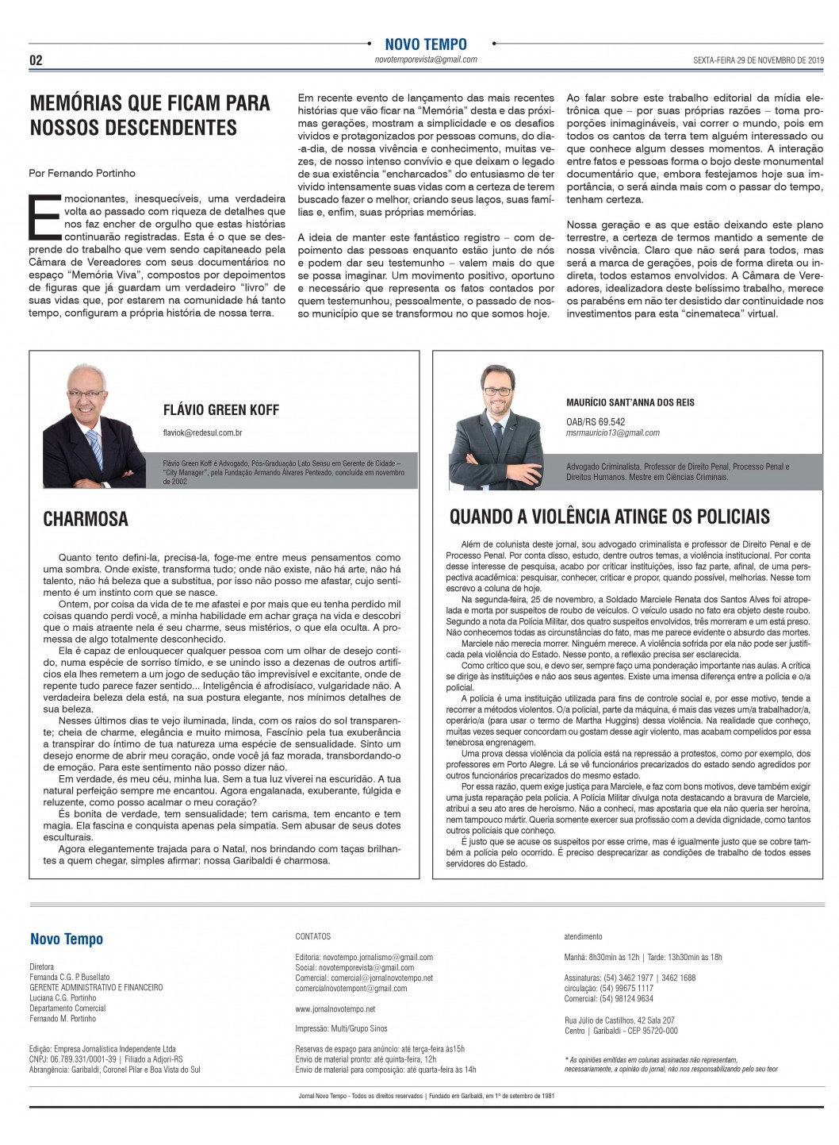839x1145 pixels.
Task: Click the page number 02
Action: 36,60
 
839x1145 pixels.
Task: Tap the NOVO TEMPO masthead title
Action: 426,44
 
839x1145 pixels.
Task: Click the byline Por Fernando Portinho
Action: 82,173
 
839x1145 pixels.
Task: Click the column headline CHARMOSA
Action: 86,519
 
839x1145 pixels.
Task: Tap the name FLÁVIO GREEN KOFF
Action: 221,410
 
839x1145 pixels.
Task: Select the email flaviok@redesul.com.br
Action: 202,432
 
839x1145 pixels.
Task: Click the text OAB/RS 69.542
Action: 596,422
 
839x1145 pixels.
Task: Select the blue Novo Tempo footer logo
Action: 67,939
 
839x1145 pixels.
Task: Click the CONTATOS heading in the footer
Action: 313,936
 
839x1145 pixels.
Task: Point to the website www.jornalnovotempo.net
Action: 335,1009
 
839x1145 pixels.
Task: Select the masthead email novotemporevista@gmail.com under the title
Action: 426,60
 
